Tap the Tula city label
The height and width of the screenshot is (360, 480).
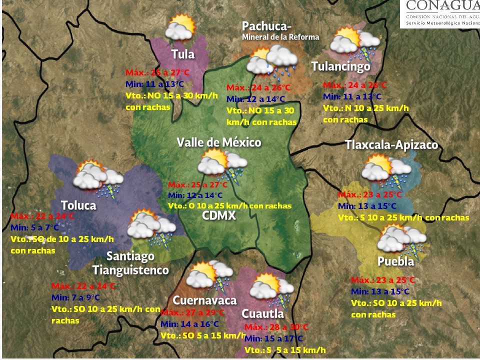[x=182, y=54]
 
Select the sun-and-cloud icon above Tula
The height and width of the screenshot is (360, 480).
[x=180, y=27]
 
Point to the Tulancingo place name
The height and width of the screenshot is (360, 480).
[x=340, y=66]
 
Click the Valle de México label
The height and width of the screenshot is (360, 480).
[x=219, y=142]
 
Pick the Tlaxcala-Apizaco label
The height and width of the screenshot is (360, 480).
[x=391, y=145]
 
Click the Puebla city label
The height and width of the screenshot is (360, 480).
[x=395, y=262]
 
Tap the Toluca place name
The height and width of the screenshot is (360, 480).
[x=78, y=205]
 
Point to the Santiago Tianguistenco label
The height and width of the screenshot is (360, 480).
[x=130, y=263]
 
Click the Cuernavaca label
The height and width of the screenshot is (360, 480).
[x=204, y=300]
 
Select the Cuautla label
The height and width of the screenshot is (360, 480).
[x=262, y=313]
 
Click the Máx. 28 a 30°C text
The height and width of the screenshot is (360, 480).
[x=277, y=327]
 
